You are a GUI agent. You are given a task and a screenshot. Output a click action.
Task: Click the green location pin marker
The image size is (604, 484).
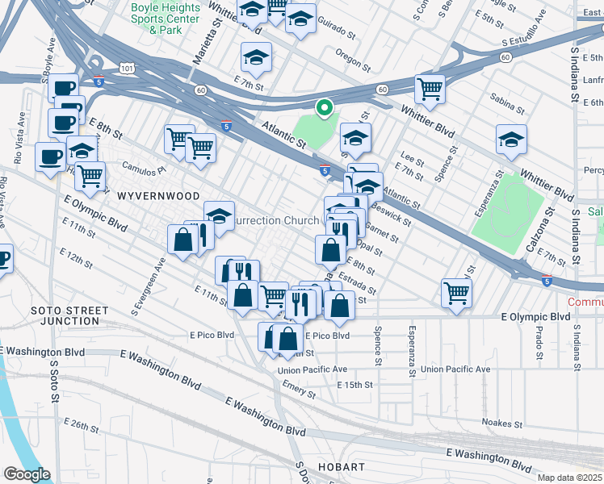pos(324,107)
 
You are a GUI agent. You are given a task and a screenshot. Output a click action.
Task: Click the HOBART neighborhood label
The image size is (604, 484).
pos(342,467)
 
